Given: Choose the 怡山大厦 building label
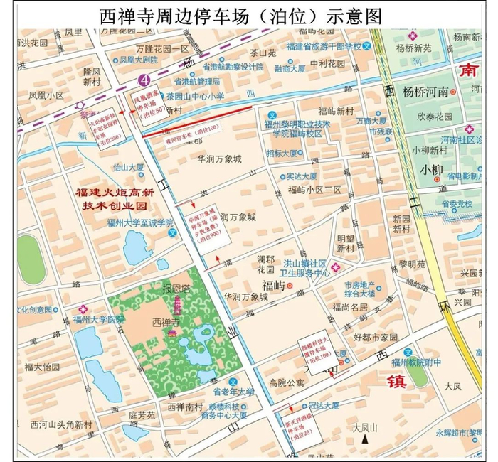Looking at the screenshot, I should (x=128, y=168).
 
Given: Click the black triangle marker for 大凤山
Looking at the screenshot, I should (x=364, y=440).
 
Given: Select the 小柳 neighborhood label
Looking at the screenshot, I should (x=431, y=170).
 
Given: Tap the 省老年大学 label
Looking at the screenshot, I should (x=234, y=392).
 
